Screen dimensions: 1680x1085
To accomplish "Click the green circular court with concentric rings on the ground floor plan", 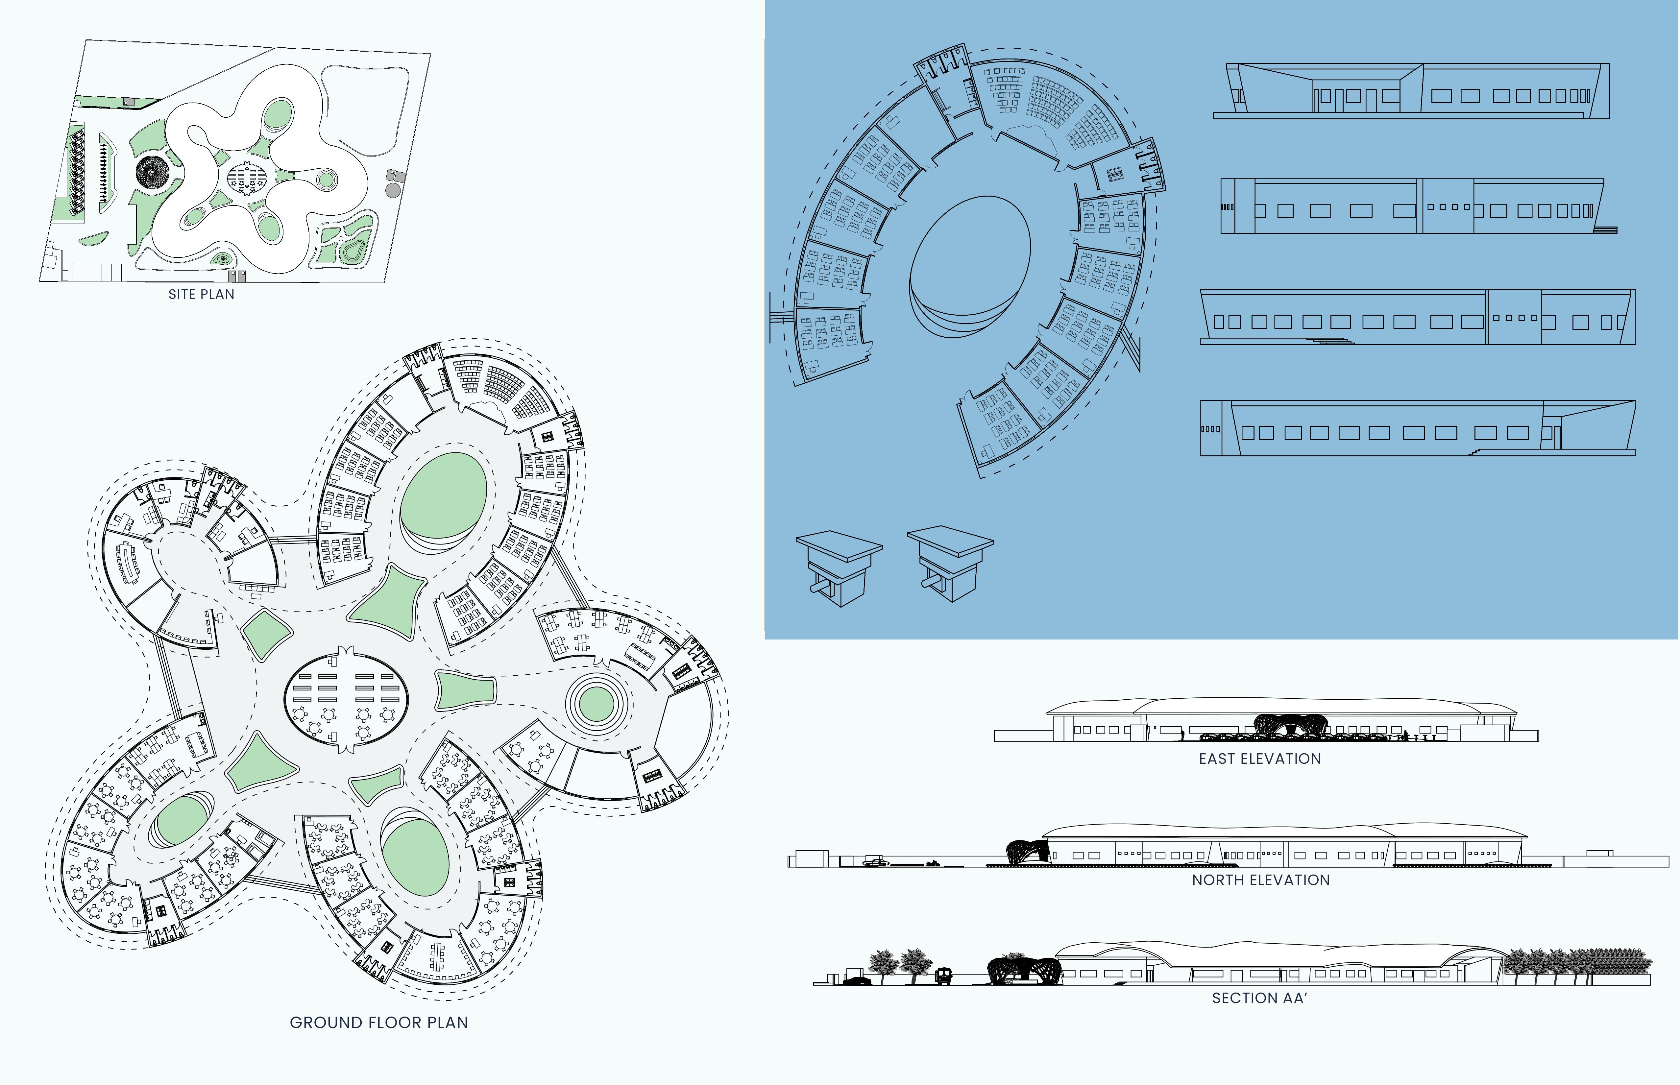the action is point(596,703).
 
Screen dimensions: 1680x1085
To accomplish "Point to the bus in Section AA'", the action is point(943,976).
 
